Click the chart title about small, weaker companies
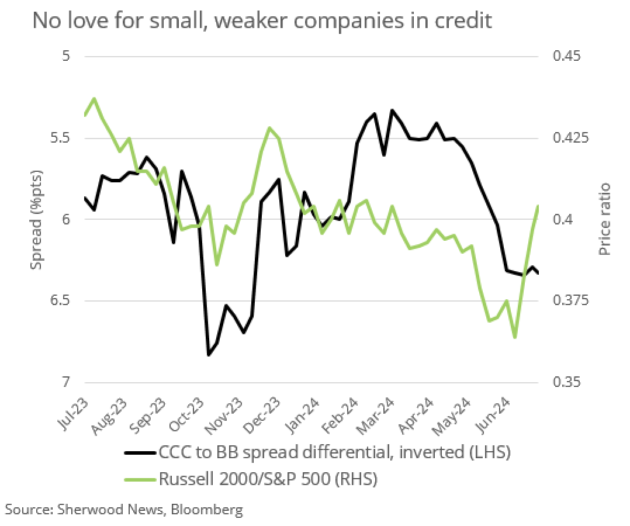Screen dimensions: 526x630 click(x=262, y=20)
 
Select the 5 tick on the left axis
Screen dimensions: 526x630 click(x=65, y=56)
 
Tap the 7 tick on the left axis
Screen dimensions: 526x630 click(x=65, y=382)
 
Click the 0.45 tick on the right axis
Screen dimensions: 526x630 click(x=564, y=56)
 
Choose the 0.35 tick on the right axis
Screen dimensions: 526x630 click(x=564, y=382)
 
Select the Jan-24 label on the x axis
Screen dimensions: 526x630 click(x=304, y=413)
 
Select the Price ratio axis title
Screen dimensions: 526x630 click(x=604, y=219)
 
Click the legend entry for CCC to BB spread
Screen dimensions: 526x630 click(x=334, y=452)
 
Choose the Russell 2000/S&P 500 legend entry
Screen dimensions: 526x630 click(x=268, y=480)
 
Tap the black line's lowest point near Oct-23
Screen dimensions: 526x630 click(x=209, y=355)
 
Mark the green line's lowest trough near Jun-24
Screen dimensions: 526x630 click(x=514, y=337)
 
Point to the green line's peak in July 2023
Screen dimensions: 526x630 click(x=95, y=99)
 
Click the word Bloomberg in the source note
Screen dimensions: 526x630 click(x=207, y=510)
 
